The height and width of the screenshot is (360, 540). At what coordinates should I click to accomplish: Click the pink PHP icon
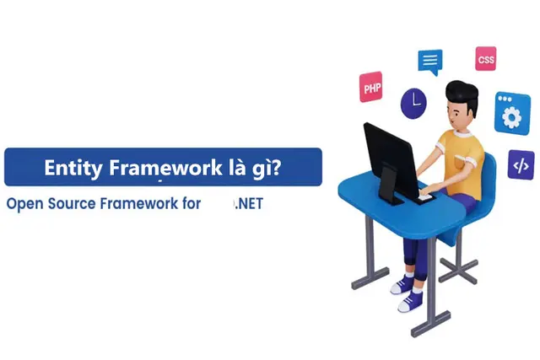pos(371,87)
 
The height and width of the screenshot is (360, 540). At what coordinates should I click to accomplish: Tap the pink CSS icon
pos(486,59)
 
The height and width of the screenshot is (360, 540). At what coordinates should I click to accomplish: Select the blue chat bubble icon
pos(430,62)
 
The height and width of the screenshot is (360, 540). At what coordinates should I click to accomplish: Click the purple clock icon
pos(413,104)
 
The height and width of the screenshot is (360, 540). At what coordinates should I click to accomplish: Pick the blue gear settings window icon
pos(512,114)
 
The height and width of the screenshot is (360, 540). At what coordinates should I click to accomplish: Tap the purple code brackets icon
pos(521,165)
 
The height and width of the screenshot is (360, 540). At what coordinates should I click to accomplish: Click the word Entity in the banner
pos(73,169)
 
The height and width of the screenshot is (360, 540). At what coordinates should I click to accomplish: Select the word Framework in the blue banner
pos(165,168)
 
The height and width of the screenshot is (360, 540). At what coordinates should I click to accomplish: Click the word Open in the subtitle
pos(24,204)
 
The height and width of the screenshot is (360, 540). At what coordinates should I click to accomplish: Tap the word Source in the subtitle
pos(72,204)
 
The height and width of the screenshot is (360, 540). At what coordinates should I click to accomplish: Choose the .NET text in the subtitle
pos(250,204)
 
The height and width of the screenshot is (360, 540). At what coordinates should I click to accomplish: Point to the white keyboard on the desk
pos(425,198)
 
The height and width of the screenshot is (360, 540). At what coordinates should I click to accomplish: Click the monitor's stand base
pos(391,198)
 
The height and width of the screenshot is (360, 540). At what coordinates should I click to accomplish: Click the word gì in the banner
pos(260,169)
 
